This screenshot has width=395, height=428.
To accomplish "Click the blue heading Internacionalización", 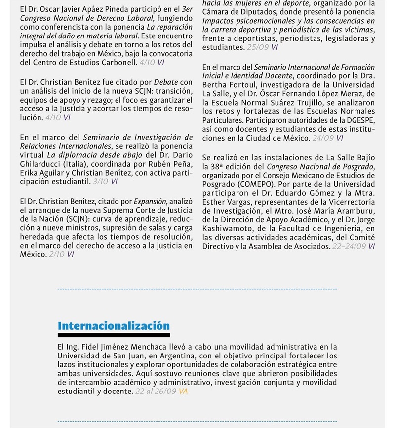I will point(114,326).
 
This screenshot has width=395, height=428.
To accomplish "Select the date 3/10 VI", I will point(105,181).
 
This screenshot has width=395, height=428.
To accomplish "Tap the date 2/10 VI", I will point(61,254).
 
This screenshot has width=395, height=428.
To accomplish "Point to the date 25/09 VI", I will point(262,47).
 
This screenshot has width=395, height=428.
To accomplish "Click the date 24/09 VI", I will point(327,138).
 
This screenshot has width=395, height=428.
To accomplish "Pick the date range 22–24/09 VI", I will point(353,246).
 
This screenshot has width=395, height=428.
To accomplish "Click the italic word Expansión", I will point(150,201).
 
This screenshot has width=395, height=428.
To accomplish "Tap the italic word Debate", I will point(166,82).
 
